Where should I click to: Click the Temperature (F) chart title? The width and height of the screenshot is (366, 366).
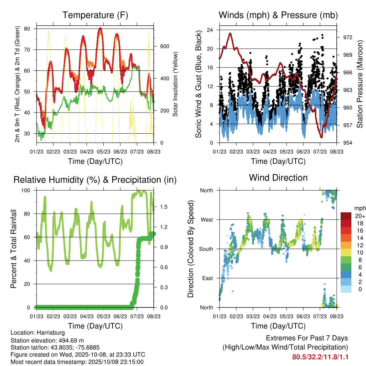pyautogui.click(x=95, y=15)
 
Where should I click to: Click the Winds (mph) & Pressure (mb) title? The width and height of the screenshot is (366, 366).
pyautogui.click(x=278, y=15)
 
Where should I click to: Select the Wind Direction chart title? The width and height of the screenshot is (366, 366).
pyautogui.click(x=278, y=177)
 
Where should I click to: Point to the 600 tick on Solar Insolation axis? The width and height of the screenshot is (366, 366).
pyautogui.click(x=164, y=46)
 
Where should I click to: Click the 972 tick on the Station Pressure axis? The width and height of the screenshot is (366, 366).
pyautogui.click(x=348, y=38)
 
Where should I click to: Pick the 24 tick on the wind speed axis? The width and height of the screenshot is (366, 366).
pyautogui.click(x=210, y=30)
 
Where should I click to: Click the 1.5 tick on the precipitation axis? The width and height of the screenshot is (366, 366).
pyautogui.click(x=164, y=207)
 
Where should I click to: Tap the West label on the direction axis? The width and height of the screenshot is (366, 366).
pyautogui.click(x=206, y=219)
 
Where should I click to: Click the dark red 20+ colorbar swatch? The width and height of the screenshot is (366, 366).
pyautogui.click(x=346, y=216)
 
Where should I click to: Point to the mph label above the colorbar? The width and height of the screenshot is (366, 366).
pyautogui.click(x=359, y=208)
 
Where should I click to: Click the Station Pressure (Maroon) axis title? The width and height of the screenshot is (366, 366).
pyautogui.click(x=360, y=84)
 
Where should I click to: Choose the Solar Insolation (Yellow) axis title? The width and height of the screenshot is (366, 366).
pyautogui.click(x=175, y=84)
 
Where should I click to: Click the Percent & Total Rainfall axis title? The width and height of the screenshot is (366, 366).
pyautogui.click(x=13, y=249)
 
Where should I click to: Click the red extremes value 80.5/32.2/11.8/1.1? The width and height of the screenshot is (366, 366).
pyautogui.click(x=320, y=357)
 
